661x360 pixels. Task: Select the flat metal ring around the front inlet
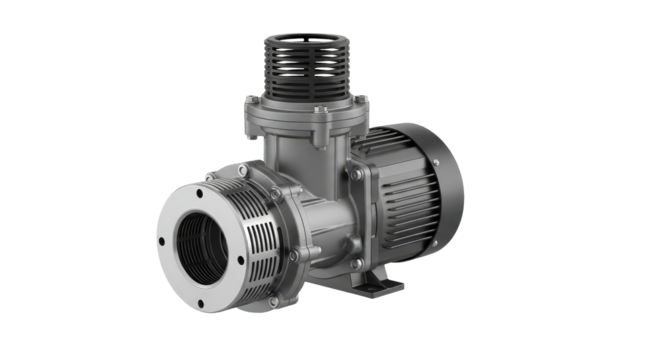click(x=176, y=214)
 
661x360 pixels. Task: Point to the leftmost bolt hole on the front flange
click(x=160, y=240)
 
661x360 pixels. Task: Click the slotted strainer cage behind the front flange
click(x=258, y=236)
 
